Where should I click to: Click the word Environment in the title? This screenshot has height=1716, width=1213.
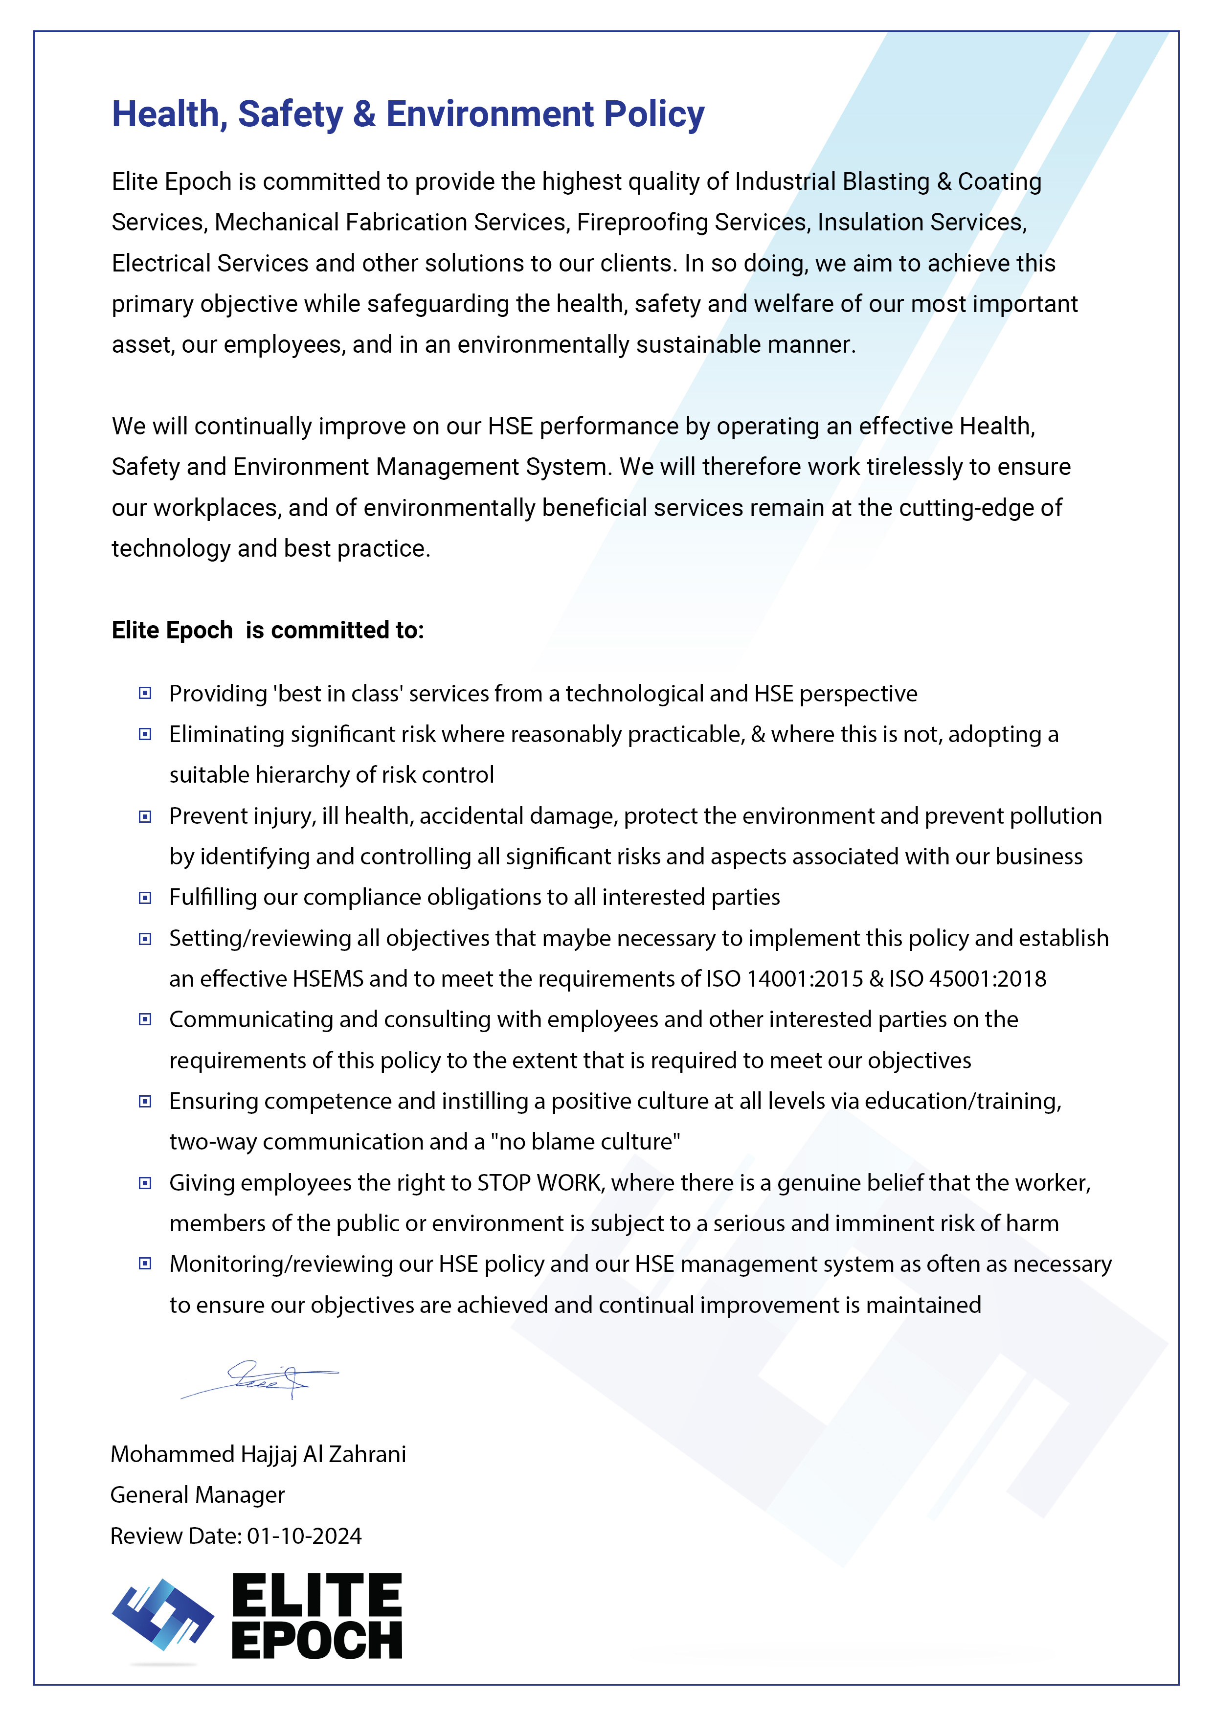click(x=490, y=114)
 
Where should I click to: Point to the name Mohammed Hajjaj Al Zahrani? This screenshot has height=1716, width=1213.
click(x=258, y=1454)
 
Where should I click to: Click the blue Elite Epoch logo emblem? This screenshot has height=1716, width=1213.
click(x=163, y=1614)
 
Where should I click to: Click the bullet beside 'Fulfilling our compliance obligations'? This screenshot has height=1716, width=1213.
click(x=145, y=898)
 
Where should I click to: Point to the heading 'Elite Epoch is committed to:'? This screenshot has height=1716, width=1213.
click(x=268, y=630)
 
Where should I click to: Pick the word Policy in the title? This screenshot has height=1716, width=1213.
click(x=653, y=114)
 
